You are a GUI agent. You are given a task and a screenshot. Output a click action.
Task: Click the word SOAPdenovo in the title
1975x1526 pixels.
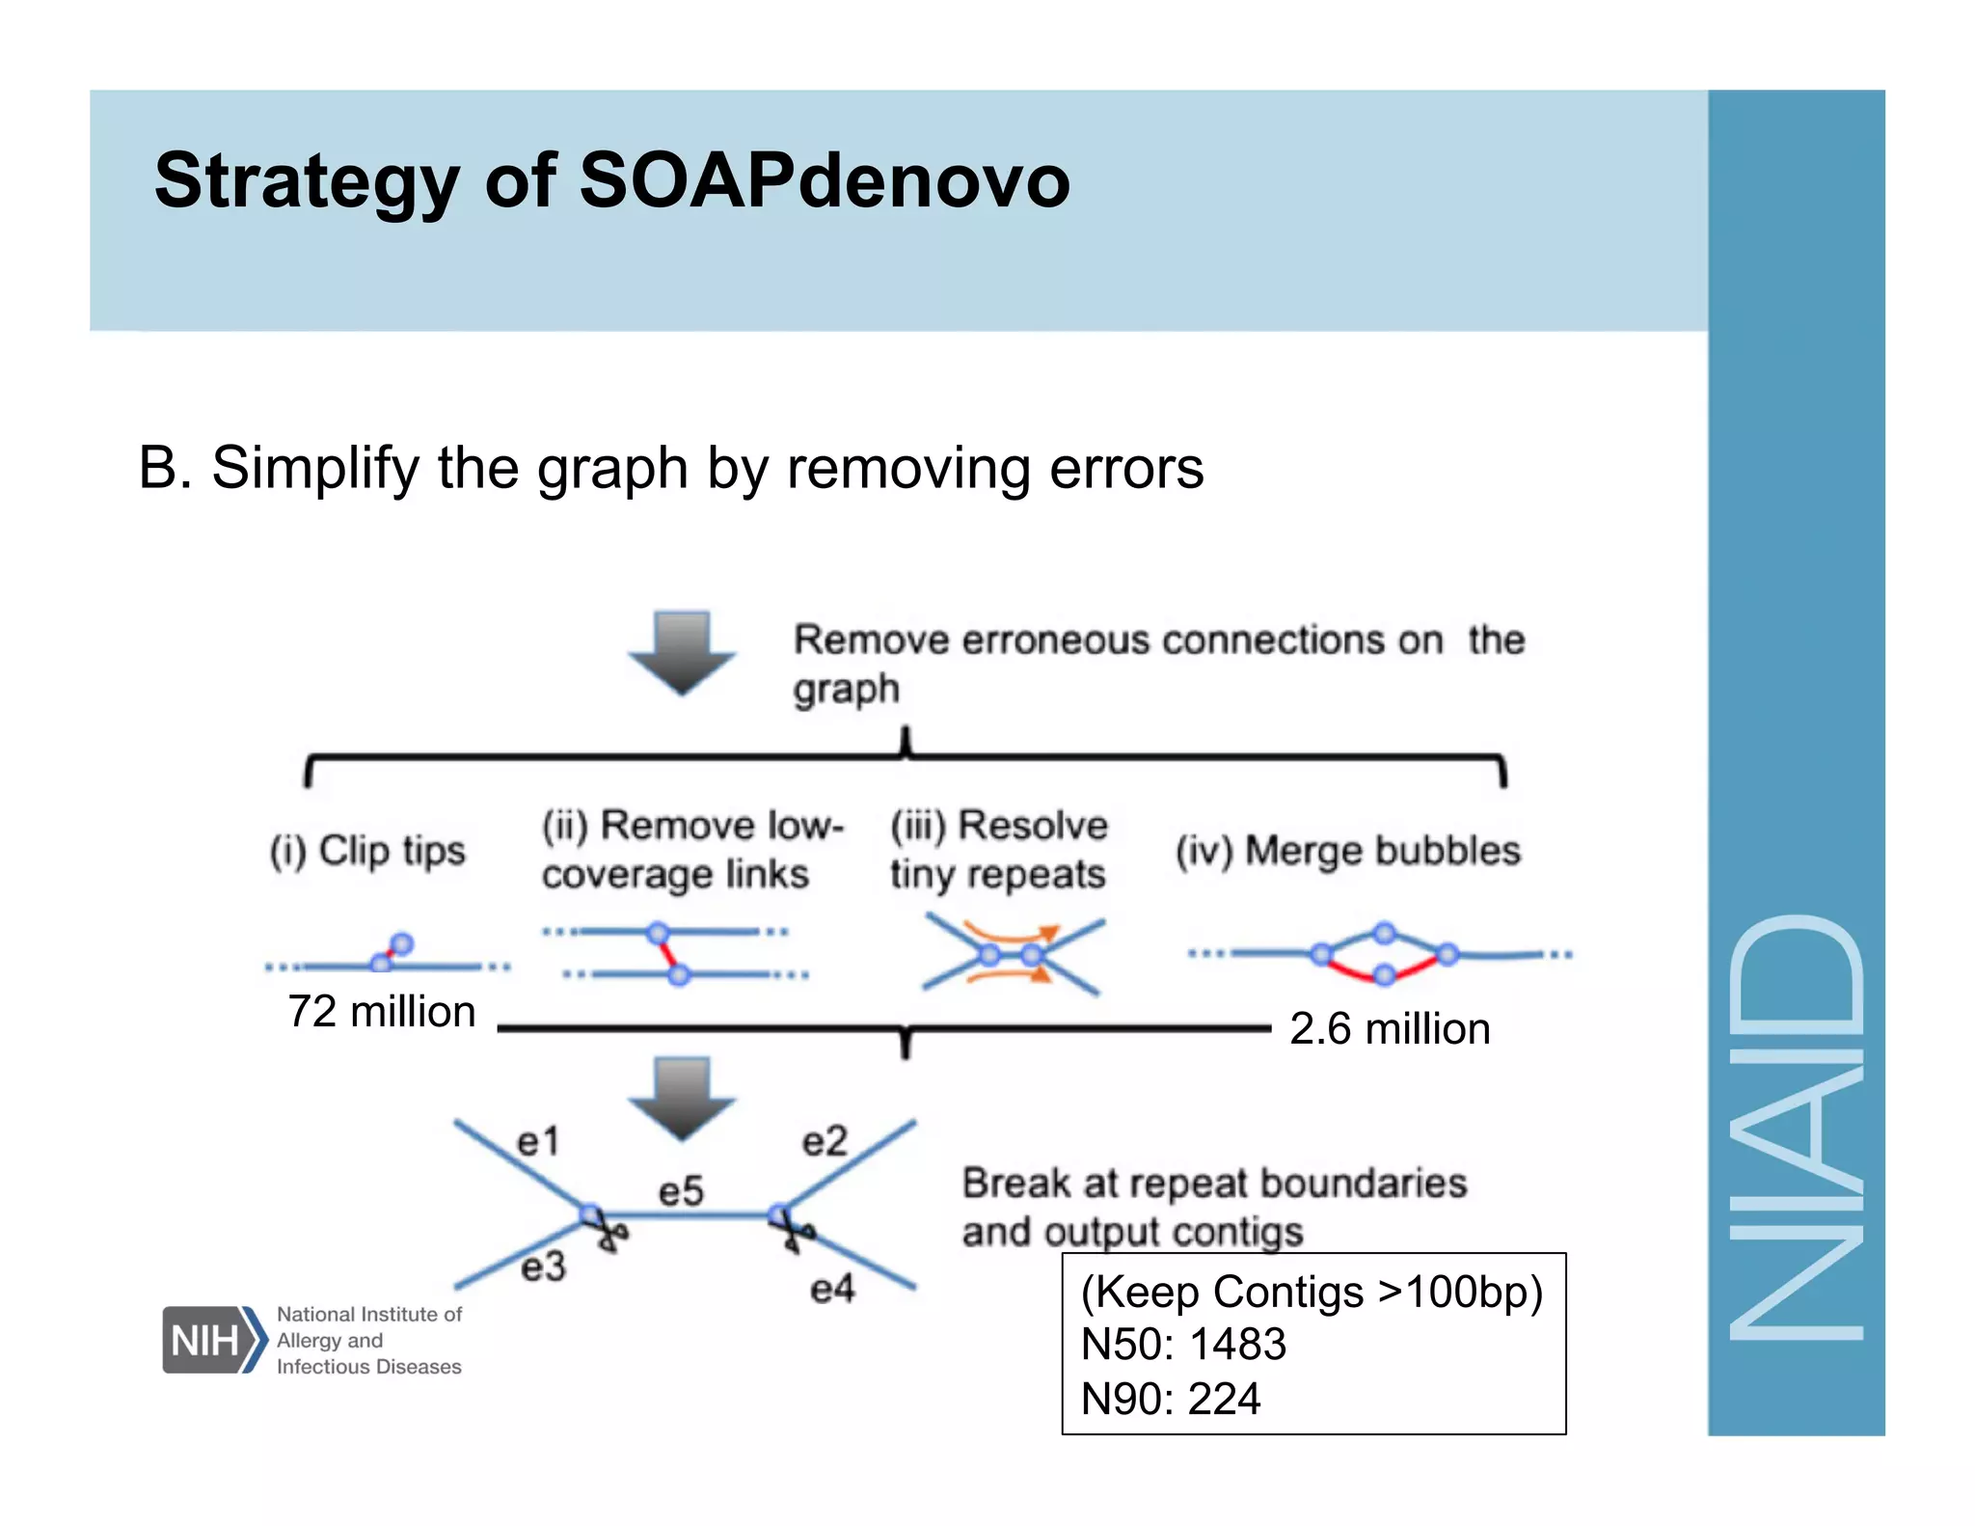(x=824, y=180)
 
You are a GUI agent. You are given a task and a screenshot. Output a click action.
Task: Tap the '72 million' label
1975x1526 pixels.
(x=382, y=1012)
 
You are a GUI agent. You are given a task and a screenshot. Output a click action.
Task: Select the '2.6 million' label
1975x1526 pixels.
(x=1390, y=1028)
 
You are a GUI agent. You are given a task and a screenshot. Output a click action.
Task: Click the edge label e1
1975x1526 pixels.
(x=538, y=1142)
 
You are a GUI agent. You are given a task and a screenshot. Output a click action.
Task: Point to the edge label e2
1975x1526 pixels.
(x=825, y=1142)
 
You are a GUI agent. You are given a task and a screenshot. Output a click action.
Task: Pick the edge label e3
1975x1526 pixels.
(x=543, y=1267)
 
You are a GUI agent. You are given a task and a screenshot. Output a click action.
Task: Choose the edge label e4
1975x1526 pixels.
(x=832, y=1289)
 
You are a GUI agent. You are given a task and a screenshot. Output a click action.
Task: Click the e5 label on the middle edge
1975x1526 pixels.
(x=681, y=1191)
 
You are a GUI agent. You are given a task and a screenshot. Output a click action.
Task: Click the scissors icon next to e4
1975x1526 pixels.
(x=793, y=1232)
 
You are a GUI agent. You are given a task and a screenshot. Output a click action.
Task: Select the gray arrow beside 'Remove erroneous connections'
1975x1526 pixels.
(x=682, y=652)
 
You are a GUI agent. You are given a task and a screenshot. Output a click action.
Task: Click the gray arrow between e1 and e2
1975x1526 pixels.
(x=682, y=1098)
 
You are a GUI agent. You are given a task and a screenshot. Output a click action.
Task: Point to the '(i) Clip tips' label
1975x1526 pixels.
(x=367, y=851)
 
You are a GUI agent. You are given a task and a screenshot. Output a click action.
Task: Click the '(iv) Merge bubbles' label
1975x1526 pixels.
(x=1348, y=851)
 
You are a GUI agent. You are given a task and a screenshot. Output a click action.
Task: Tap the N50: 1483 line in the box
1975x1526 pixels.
(x=1183, y=1344)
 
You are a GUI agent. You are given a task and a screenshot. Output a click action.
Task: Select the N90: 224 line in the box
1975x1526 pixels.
(x=1171, y=1398)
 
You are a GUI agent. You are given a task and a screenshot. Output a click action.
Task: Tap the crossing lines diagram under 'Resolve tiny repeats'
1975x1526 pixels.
(x=1012, y=956)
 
